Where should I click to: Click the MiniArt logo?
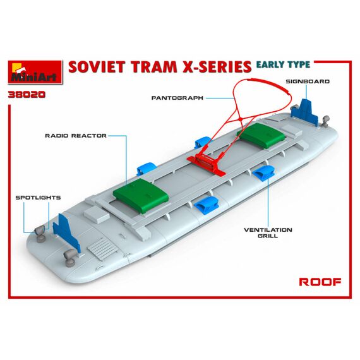[35, 72]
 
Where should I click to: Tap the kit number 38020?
[27, 95]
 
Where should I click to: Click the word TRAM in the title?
[154, 67]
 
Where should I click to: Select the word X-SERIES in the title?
[217, 67]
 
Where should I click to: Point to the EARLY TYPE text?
[283, 64]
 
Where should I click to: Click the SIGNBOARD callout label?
[308, 81]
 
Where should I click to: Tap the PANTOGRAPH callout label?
[177, 98]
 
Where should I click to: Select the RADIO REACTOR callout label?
[76, 135]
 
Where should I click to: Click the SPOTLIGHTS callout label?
[38, 198]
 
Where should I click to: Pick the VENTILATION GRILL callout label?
[268, 232]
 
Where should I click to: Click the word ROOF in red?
[320, 282]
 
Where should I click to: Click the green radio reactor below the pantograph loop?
[261, 135]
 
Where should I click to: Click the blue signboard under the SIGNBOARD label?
[304, 112]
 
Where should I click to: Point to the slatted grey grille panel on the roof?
[102, 249]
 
